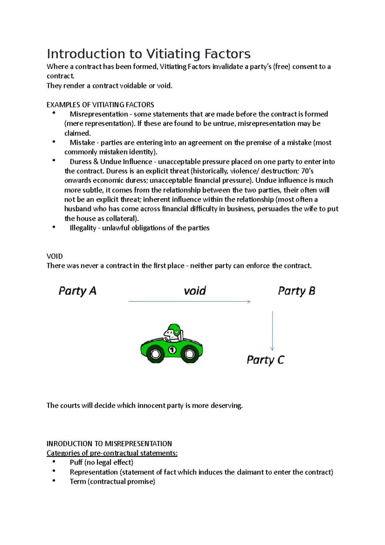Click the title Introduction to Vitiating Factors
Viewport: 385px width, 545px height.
tap(149, 54)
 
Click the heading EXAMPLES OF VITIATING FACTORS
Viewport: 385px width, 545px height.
tap(100, 105)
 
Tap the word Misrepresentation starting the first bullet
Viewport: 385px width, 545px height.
tap(99, 114)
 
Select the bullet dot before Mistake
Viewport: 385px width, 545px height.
tap(54, 142)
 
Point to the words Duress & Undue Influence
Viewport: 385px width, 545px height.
tap(111, 162)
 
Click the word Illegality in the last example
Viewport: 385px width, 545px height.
tap(83, 228)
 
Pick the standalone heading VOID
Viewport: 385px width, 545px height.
tap(55, 256)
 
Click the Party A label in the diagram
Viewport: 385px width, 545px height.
tap(77, 291)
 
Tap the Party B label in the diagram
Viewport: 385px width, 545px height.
tap(296, 291)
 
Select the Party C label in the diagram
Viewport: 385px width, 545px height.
tap(265, 360)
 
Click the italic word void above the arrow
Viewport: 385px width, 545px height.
tap(195, 291)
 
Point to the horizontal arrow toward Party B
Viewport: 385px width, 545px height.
tap(189, 301)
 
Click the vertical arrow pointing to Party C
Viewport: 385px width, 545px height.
tap(272, 331)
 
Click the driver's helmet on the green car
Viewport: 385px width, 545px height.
tap(175, 329)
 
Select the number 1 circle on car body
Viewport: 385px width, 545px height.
tap(172, 350)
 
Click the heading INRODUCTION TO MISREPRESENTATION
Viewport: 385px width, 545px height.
tap(109, 444)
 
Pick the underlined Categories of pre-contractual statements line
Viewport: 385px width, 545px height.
tap(112, 453)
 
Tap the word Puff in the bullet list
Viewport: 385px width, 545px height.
tap(76, 463)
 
